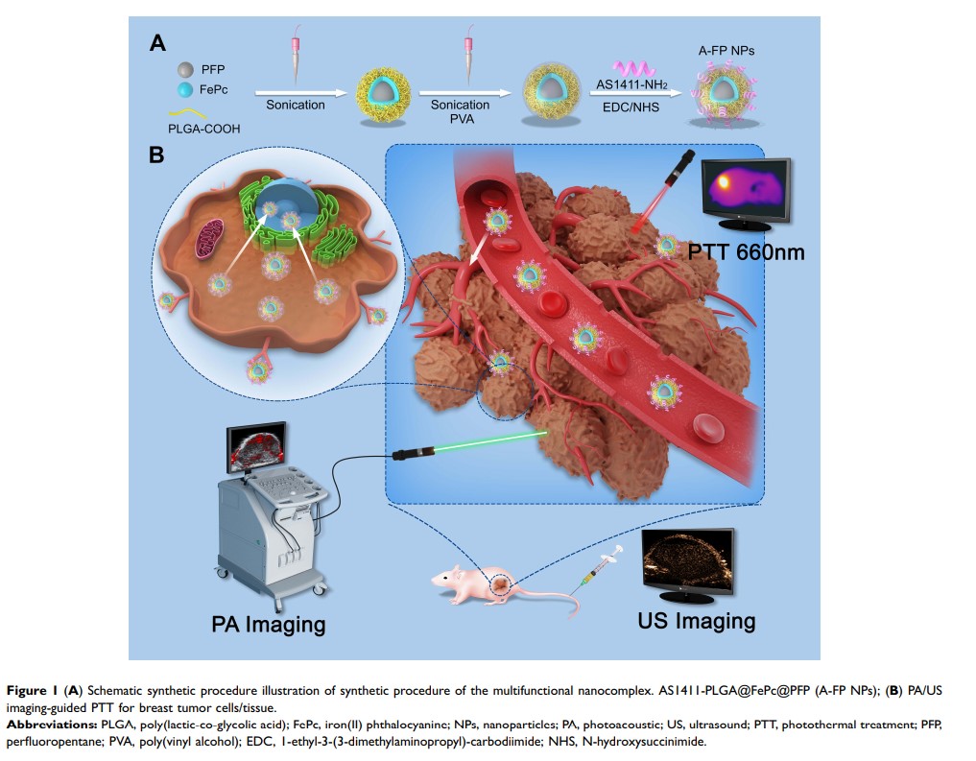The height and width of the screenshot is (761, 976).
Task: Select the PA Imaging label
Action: [x=268, y=624]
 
